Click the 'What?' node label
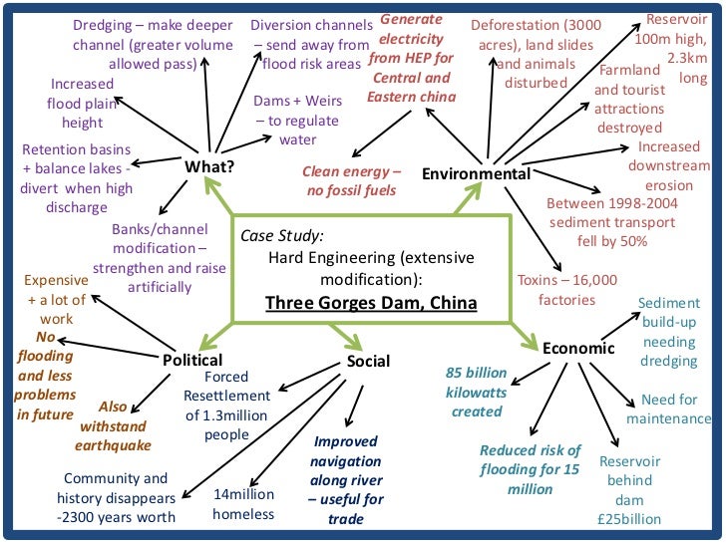[209, 166]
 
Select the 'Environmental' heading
[476, 174]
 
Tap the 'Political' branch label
[192, 360]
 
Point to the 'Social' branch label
[368, 361]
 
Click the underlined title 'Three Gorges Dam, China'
[371, 302]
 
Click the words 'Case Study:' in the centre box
[282, 236]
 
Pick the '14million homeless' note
[243, 504]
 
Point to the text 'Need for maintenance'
[668, 408]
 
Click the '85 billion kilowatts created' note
[477, 392]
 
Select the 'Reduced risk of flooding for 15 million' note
[530, 468]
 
